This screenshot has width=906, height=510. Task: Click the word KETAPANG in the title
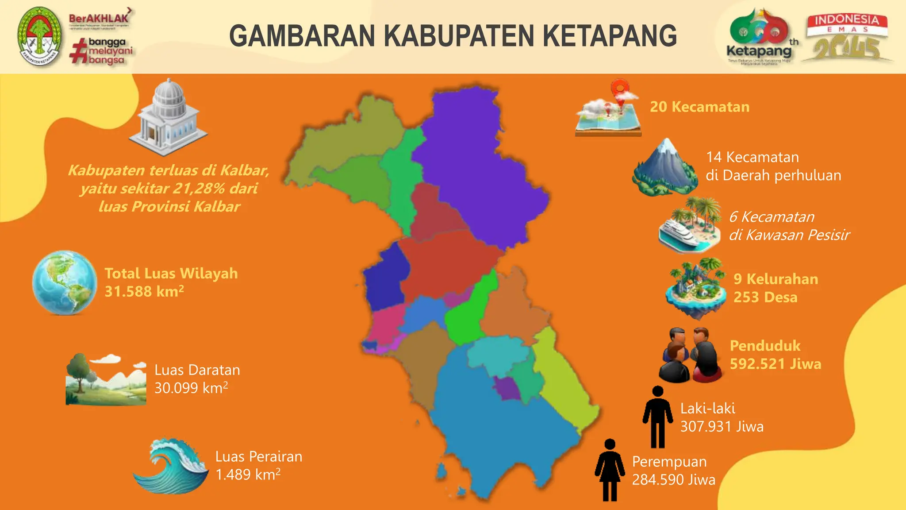(x=610, y=36)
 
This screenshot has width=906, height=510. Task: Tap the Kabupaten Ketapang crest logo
(x=40, y=36)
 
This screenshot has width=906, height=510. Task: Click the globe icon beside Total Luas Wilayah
(x=65, y=282)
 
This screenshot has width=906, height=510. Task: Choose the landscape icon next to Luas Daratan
(x=106, y=380)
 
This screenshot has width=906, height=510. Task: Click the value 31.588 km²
(x=144, y=291)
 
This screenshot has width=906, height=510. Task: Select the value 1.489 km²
(x=248, y=475)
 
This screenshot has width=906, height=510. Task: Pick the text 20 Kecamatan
(x=699, y=107)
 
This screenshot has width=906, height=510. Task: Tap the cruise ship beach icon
(x=689, y=226)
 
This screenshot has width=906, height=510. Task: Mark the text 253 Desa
(x=765, y=297)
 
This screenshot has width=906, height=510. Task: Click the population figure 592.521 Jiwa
(x=775, y=364)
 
